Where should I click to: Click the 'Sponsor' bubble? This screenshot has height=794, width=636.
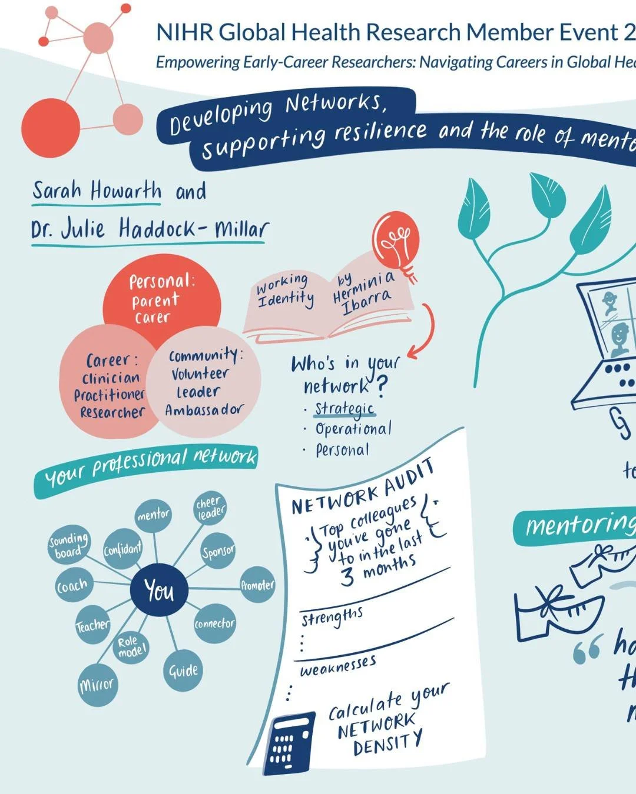point(218,552)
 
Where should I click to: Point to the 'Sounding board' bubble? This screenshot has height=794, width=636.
point(68,546)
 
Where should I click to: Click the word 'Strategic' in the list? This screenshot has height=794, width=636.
point(344,408)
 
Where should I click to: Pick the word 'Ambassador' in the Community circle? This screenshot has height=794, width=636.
point(204,410)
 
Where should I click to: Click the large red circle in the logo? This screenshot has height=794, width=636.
point(51,128)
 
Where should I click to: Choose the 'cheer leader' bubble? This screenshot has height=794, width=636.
point(210,508)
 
